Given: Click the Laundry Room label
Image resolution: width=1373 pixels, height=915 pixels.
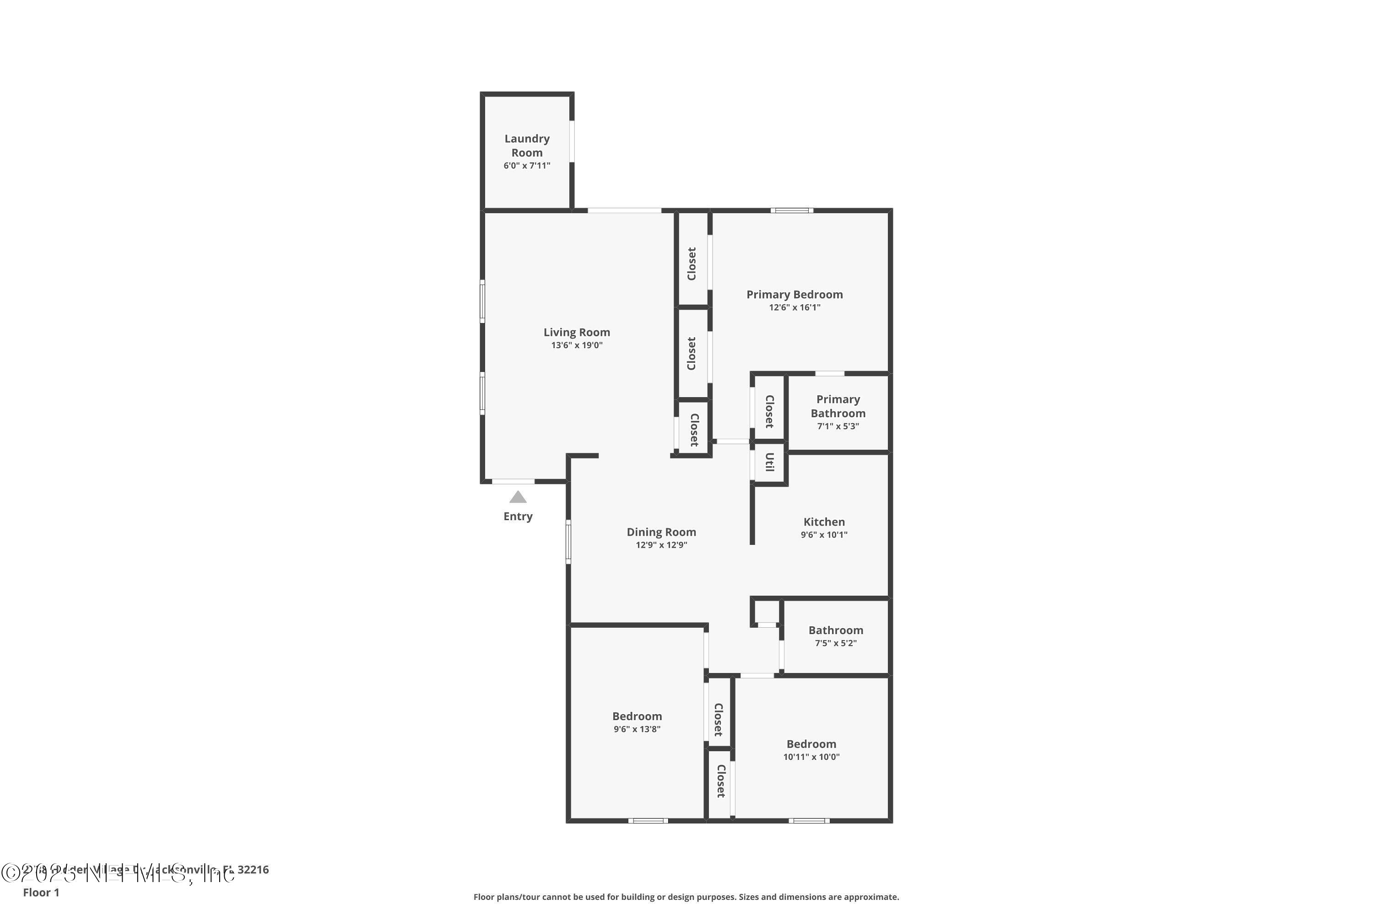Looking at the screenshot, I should pyautogui.click(x=527, y=145).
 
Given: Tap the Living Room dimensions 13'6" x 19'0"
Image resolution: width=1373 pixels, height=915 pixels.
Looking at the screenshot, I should pyautogui.click(x=576, y=345).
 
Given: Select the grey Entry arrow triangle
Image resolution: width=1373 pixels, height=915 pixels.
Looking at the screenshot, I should pyautogui.click(x=518, y=497).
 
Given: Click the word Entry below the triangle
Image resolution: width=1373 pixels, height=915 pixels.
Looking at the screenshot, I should pyautogui.click(x=518, y=517).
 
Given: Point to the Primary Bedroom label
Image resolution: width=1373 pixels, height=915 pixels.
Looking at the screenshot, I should pyautogui.click(x=794, y=295).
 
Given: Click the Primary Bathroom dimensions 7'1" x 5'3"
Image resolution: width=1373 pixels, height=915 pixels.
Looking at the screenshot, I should pyautogui.click(x=838, y=426).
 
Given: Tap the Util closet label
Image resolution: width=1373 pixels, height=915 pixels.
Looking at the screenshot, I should pyautogui.click(x=769, y=462).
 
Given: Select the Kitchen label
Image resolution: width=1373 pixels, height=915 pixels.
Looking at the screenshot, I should pyautogui.click(x=824, y=522).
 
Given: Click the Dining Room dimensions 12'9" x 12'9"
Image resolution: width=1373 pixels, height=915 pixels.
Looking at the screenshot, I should pyautogui.click(x=661, y=545).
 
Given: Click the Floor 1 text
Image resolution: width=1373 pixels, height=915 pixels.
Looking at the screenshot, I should pyautogui.click(x=41, y=892).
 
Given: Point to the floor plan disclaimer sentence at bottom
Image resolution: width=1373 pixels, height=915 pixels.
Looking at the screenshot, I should pyautogui.click(x=686, y=897).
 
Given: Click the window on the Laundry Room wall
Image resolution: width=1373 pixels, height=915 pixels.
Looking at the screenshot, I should pyautogui.click(x=572, y=141).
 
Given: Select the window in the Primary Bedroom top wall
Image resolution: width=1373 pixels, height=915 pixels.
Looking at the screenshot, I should pyautogui.click(x=792, y=210).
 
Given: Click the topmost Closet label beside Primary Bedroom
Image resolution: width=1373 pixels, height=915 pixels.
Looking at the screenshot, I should pyautogui.click(x=692, y=264).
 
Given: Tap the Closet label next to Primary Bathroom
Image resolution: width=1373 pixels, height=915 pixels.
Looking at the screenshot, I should pyautogui.click(x=769, y=411).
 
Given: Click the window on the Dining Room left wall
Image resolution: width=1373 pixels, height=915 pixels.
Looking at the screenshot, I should pyautogui.click(x=568, y=542).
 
